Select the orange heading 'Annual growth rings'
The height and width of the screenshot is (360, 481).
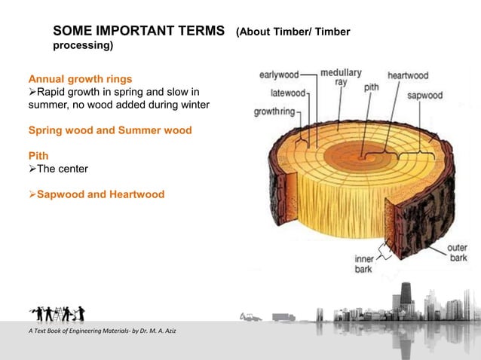80,78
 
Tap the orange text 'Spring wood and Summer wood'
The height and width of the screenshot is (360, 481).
110,130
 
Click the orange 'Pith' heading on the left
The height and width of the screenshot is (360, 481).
38,156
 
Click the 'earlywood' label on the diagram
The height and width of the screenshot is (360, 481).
278,75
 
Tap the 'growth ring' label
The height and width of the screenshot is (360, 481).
275,111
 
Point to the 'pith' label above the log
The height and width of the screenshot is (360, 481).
371,87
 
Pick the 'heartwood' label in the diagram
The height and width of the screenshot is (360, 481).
407,75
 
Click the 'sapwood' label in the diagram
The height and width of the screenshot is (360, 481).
424,96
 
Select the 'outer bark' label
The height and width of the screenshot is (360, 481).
456,253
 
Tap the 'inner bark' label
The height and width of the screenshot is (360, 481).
365,264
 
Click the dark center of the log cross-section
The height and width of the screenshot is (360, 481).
361,157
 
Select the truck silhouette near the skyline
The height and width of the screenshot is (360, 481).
284,317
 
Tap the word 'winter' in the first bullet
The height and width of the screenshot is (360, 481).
192,104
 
